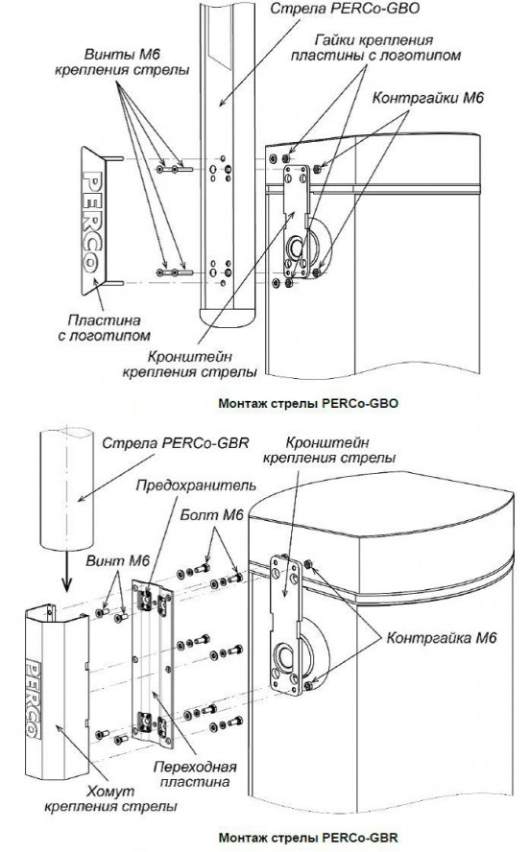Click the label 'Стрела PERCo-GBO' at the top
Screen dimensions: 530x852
click(345, 9)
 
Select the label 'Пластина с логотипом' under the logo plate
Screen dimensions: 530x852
click(104, 327)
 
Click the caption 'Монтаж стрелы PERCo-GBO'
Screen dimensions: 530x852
click(308, 403)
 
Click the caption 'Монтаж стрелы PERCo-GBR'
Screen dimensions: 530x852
click(308, 837)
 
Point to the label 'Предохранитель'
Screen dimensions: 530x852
click(196, 485)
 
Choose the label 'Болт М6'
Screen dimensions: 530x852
click(212, 515)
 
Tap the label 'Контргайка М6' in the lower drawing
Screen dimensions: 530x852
click(442, 637)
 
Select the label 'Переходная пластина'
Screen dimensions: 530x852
click(195, 775)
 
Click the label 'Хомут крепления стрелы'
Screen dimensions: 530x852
click(111, 798)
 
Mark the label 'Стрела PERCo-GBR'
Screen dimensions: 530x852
click(175, 443)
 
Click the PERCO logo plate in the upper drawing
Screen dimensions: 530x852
click(93, 220)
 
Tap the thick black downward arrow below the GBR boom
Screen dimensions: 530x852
click(66, 572)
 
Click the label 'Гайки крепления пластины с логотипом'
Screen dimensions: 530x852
click(375, 48)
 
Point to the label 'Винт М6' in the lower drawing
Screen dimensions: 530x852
click(117, 560)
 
